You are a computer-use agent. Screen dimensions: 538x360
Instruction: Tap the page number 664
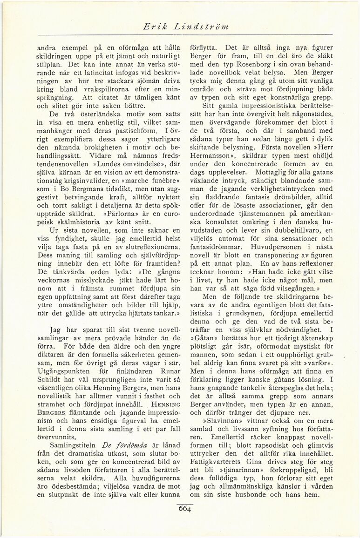[x=184, y=509]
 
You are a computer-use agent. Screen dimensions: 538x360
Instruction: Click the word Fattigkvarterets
[x=217, y=462]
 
